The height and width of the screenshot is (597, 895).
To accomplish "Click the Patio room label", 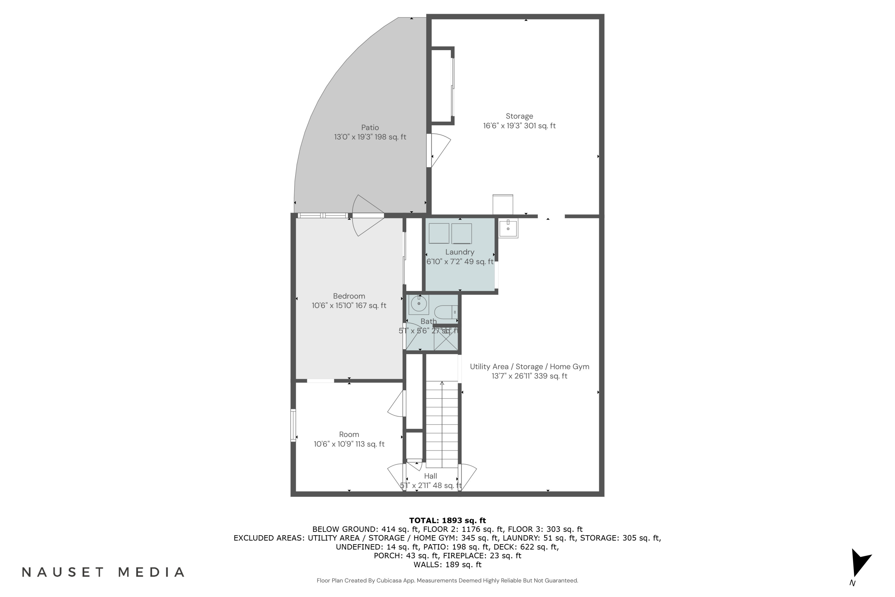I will (x=370, y=127).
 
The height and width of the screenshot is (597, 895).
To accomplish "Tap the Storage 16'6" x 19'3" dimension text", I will (x=519, y=126).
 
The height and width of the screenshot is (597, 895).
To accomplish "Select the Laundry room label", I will (x=460, y=252).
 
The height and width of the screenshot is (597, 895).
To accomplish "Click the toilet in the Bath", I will (x=445, y=312).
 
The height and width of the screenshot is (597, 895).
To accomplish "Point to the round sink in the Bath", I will (x=419, y=304).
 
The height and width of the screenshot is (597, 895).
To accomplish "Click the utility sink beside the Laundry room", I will (x=508, y=228).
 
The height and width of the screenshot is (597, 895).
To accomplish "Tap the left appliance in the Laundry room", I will (x=439, y=233).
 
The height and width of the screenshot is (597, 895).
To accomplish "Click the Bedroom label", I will (x=349, y=296).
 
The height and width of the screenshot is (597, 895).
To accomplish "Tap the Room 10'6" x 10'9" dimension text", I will (x=349, y=444).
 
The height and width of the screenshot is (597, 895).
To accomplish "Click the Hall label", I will (x=430, y=476).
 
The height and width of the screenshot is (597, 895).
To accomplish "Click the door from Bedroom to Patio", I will (x=367, y=216).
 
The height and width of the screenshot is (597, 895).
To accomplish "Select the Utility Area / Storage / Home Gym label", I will (x=529, y=367).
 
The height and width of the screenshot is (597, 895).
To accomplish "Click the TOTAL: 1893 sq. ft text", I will (x=447, y=521).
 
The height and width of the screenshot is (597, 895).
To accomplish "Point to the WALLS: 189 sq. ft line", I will (x=447, y=565).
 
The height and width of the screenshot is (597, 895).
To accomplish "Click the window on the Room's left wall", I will (x=293, y=425).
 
